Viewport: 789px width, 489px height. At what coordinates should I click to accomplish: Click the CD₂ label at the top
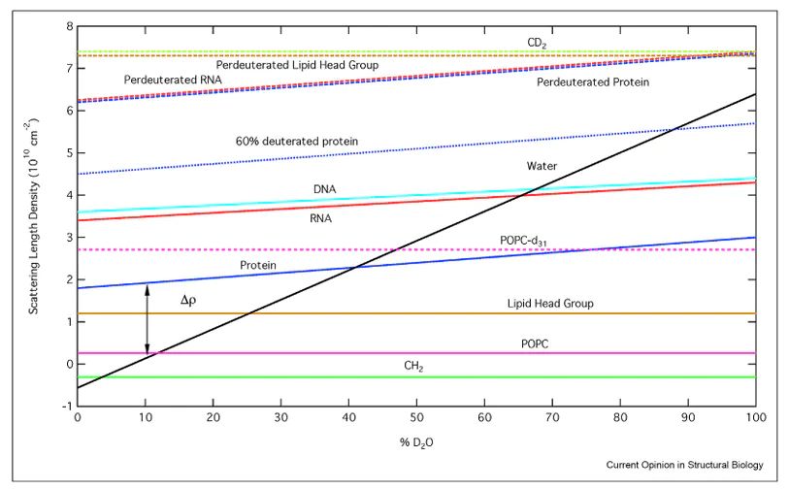point(537,43)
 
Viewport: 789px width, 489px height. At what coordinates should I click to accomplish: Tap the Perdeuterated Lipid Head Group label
point(297,64)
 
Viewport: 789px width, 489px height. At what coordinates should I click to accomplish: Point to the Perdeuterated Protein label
point(592,82)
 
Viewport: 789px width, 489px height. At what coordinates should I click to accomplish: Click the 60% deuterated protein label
point(297,142)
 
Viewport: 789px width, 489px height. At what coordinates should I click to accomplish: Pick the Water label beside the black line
point(541,165)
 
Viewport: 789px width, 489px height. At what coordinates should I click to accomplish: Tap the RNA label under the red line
point(320,218)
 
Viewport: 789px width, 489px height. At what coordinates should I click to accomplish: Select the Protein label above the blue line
point(257,264)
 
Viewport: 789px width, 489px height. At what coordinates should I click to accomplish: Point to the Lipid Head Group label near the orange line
point(550,304)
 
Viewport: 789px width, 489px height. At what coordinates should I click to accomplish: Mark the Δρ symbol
point(188,301)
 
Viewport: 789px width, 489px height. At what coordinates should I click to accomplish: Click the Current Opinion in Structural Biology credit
point(685,465)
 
